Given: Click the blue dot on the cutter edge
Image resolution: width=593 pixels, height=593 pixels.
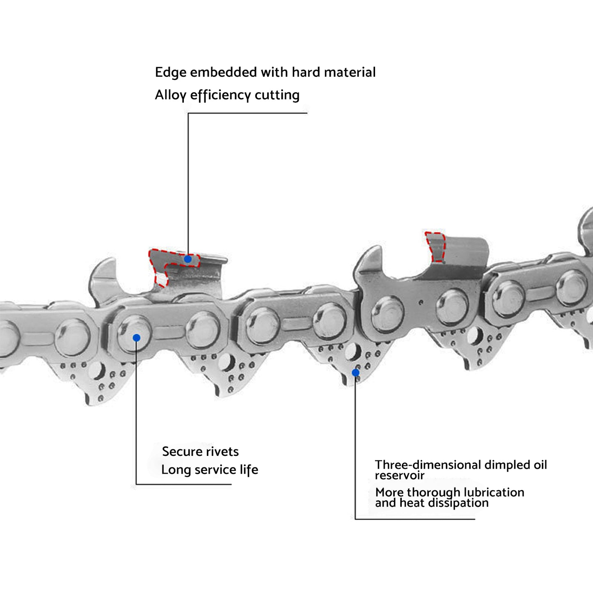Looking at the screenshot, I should (x=188, y=259).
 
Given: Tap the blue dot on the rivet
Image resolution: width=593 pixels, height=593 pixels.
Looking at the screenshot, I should (x=137, y=338).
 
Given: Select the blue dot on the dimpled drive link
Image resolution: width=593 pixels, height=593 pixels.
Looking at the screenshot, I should (x=356, y=373).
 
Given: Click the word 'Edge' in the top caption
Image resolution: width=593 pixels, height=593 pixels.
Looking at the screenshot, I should (x=171, y=73).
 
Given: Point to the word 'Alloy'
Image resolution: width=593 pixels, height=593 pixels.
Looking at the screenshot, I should (x=170, y=95).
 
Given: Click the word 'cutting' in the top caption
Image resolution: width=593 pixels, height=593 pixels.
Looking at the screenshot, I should (x=277, y=95).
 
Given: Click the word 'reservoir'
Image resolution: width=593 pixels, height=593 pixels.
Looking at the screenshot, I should (x=399, y=475).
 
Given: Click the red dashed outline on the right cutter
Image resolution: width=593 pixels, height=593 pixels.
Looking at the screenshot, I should (x=435, y=246).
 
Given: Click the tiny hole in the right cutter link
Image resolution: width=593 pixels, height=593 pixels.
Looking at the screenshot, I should (x=421, y=303).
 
